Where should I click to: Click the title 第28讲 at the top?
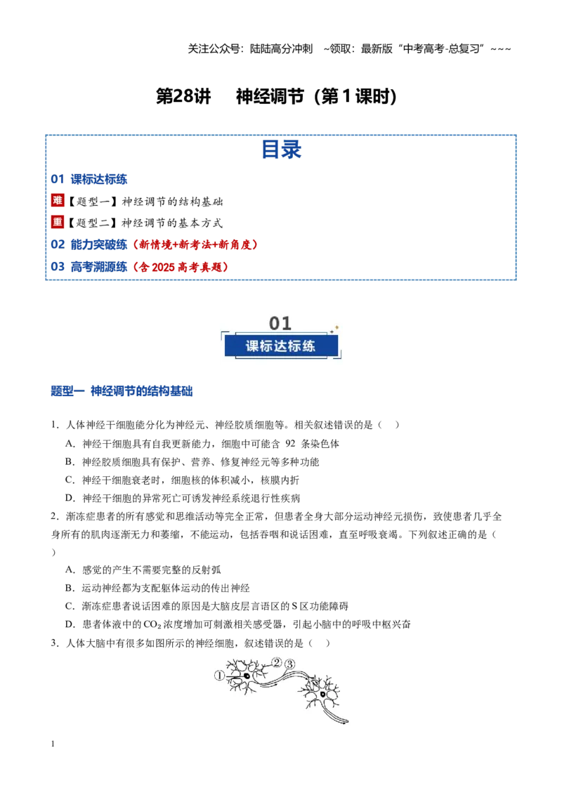point(183,96)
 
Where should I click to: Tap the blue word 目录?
point(281,150)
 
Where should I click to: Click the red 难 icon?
point(58,200)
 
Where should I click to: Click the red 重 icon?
point(58,222)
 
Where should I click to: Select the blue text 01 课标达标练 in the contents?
point(89,179)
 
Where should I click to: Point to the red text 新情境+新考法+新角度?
point(195,245)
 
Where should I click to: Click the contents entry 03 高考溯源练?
point(89,267)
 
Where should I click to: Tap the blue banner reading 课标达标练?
point(280,346)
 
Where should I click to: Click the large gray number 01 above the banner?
point(280,324)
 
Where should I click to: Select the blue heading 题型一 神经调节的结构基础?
point(122,391)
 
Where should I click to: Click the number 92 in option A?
point(290,444)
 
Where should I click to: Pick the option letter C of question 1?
point(70,480)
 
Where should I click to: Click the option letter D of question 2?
point(70,624)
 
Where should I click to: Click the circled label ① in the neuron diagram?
point(219,676)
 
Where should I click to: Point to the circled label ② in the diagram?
point(277,663)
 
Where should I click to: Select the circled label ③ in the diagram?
point(289,664)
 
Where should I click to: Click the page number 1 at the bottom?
point(53,744)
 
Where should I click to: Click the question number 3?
point(55,643)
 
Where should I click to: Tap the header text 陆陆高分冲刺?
point(281,48)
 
